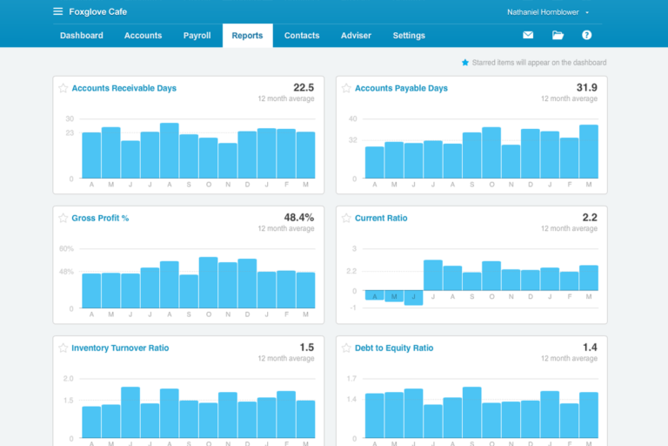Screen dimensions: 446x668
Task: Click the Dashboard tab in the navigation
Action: pos(81,36)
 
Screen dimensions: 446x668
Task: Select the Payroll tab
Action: pos(197,36)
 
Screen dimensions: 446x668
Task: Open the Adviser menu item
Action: pos(356,36)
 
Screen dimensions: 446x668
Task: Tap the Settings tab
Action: pos(409,36)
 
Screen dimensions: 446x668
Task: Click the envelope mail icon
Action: pos(528,36)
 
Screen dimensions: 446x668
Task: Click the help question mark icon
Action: pos(587,36)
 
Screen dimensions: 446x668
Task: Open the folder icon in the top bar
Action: pos(558,36)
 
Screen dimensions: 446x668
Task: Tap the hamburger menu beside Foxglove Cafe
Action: pos(57,12)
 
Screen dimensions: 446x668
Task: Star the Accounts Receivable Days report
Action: pos(63,88)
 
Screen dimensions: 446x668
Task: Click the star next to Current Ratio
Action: pos(346,218)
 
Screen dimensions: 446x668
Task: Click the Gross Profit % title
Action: pos(100,218)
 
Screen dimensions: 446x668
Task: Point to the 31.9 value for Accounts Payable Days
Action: pos(586,87)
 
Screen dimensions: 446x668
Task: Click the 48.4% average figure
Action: pos(298,217)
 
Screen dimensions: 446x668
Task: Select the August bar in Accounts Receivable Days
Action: pos(170,151)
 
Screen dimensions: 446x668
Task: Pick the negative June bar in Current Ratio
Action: pos(413,298)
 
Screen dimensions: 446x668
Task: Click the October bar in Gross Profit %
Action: pos(208,282)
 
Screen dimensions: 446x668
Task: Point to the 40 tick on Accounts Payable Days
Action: pos(353,118)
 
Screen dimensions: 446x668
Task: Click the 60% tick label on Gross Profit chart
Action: pos(66,248)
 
